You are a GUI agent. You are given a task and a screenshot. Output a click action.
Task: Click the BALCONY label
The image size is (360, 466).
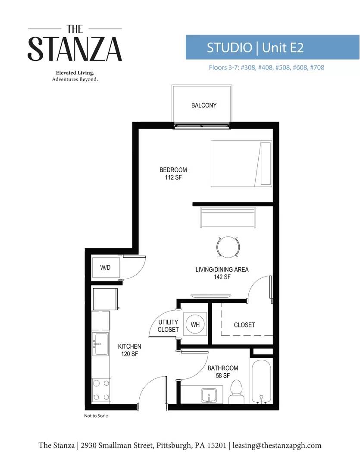[204, 105]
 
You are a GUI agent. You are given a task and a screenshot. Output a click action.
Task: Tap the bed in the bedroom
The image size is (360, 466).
[241, 163]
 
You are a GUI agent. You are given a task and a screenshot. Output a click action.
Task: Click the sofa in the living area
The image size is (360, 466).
[228, 218]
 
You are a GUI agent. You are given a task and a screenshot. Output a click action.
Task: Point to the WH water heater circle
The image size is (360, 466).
[195, 324]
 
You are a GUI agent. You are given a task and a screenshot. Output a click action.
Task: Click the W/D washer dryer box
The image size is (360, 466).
[106, 268]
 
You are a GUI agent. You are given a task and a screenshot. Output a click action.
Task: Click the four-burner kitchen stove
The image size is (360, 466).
[101, 390]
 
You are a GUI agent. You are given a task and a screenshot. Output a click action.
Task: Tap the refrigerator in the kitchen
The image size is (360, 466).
[105, 299]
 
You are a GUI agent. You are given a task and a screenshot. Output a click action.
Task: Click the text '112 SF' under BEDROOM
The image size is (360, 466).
[173, 177]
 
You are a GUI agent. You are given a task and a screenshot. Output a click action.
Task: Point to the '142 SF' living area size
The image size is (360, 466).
[222, 277]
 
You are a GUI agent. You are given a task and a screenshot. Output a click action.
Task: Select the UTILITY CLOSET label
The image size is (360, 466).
[168, 326]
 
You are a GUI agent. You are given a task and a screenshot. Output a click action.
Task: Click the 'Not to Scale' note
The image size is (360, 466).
[96, 416]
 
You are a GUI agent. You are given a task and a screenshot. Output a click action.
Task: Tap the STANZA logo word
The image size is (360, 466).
[75, 49]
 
